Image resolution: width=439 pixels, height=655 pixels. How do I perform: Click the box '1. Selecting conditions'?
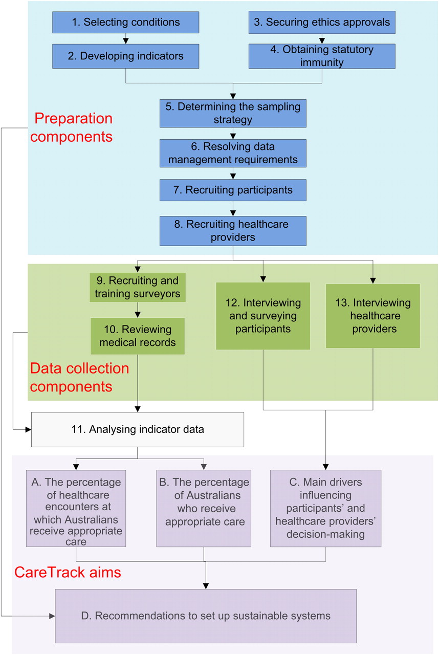pos(126,22)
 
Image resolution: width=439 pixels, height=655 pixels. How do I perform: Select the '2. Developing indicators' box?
pos(126,56)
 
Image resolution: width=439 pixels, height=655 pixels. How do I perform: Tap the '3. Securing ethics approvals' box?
pos(322,22)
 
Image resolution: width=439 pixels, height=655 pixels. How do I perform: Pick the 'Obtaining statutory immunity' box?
pos(322,56)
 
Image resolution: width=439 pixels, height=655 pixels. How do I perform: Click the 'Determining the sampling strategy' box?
pos(233,114)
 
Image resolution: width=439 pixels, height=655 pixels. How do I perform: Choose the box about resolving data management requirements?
pos(233,153)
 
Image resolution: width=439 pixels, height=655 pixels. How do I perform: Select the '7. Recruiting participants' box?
pos(233,190)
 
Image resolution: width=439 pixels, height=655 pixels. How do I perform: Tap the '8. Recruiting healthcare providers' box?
pos(233,231)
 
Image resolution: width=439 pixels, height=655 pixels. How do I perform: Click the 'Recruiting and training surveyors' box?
pos(137,287)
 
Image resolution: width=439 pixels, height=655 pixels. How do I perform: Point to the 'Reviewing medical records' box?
pos(137,336)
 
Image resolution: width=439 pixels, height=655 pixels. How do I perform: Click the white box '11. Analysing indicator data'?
pos(138,429)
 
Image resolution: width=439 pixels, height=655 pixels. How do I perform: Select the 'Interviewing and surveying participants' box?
pos(263,316)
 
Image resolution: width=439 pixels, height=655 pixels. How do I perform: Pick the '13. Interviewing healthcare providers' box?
pos(373,316)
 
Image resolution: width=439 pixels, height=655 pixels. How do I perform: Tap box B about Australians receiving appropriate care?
pos(204,508)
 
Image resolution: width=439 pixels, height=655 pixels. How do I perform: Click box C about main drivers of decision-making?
pos(325,508)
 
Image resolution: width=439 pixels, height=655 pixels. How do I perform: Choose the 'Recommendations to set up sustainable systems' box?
pos(206,616)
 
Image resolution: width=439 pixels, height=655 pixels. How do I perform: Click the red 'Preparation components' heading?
pos(72,127)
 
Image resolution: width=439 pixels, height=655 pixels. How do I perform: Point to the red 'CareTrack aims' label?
pos(68,572)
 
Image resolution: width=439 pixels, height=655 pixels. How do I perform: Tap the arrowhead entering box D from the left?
pos(52,616)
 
